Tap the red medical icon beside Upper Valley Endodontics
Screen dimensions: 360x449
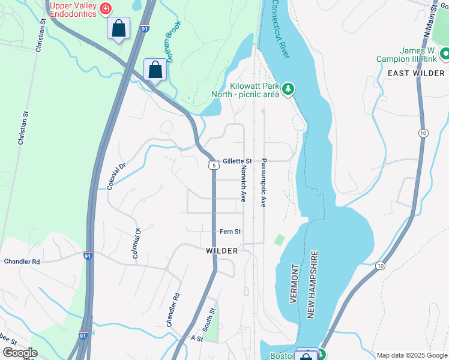point(106,8)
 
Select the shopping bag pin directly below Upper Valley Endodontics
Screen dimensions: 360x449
point(118,28)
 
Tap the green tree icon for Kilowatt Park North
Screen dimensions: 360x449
point(289,89)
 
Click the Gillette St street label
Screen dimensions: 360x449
point(237,161)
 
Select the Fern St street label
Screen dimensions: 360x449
point(230,232)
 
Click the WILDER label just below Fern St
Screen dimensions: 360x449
point(221,250)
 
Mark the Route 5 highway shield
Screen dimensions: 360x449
point(213,164)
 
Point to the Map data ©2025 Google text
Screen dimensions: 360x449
point(411,355)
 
